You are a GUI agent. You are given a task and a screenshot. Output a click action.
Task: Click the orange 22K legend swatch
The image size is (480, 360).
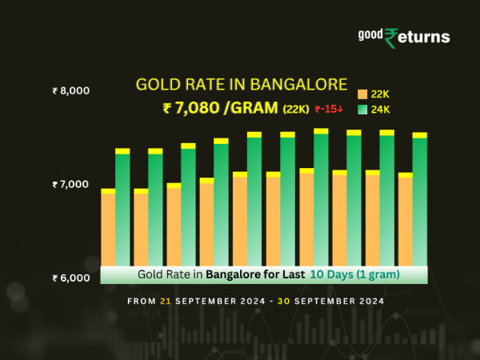coord(362,94)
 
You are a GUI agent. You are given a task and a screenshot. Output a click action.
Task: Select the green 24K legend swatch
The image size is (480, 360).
coord(362,109)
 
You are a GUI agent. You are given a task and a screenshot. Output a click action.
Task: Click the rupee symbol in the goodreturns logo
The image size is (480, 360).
coord(391,38)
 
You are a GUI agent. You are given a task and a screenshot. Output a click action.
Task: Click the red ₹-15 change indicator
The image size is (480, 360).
coord(329,110)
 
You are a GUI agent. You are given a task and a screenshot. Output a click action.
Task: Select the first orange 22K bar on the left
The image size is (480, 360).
coord(108,228)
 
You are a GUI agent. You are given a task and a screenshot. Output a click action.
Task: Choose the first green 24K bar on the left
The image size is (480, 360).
coord(122,208)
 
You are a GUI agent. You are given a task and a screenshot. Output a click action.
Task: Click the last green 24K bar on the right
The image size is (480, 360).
coord(419,200)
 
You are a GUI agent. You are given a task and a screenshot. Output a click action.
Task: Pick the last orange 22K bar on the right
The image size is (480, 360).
coord(405,220)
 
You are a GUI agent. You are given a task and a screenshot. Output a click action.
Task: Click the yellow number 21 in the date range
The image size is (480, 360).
coord(166,302)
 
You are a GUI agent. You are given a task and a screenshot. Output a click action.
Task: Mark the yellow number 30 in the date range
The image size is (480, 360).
coord(284,302)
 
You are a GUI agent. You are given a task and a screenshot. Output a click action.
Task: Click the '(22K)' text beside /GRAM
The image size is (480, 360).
coord(297,110)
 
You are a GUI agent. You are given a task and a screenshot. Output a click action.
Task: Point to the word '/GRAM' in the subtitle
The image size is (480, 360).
coord(254,109)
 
